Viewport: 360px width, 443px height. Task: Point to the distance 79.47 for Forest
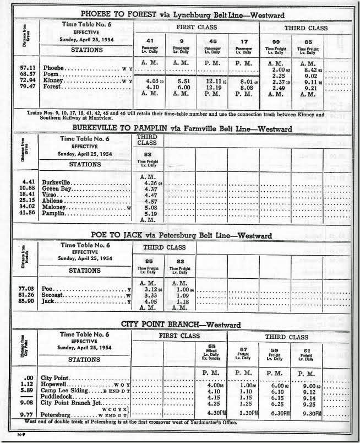pos(25,87)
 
